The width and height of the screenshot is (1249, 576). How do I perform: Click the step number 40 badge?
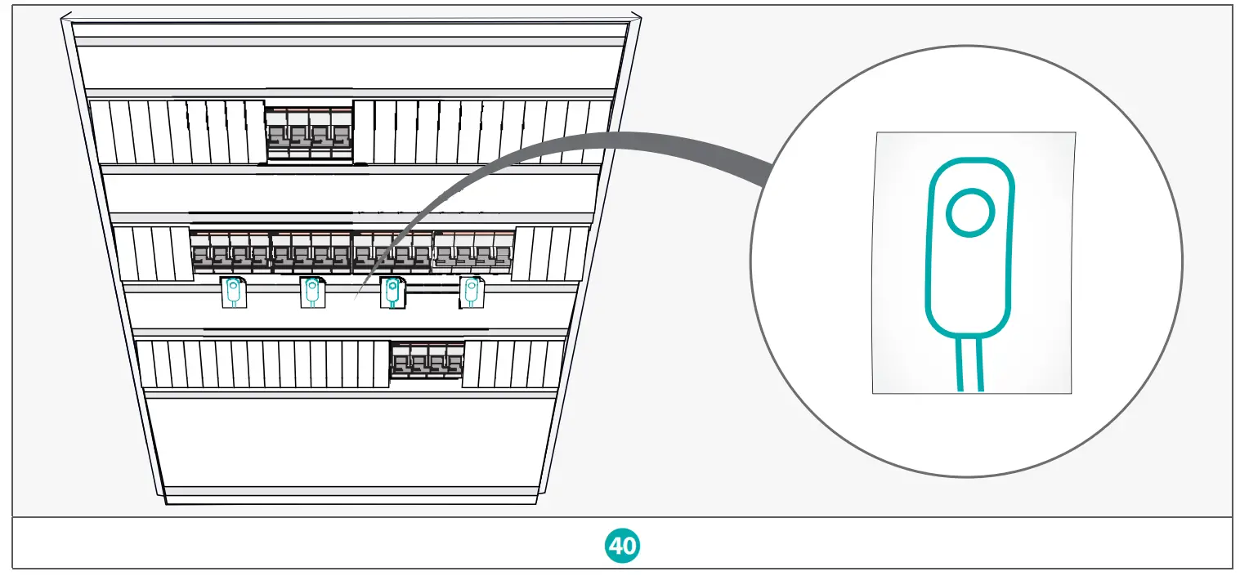[623, 545]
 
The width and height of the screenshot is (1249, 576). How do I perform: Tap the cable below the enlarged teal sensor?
[969, 364]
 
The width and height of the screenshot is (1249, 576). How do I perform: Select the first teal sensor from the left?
[234, 292]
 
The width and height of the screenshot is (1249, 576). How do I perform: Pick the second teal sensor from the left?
[311, 292]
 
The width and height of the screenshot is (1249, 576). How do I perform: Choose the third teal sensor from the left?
[392, 292]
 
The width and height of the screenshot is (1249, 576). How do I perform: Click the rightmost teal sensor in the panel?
[471, 292]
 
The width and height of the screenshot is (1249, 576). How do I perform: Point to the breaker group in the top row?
[308, 133]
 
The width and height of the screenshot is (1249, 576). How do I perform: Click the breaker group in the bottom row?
[426, 360]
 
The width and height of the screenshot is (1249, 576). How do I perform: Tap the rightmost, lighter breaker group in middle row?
[473, 252]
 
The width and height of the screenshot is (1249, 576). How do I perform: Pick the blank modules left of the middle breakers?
[155, 253]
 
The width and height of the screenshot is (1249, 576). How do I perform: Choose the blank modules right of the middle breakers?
[551, 253]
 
